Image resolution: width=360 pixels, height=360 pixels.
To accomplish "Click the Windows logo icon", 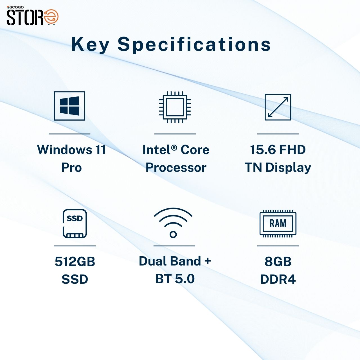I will tap(69, 106).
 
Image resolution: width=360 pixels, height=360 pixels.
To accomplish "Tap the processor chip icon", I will tap(175, 107).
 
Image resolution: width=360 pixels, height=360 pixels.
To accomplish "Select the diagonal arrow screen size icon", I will tap(278, 107).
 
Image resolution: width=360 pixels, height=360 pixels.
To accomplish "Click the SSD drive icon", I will tap(75, 224).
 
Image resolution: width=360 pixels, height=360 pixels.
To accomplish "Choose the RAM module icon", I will tap(278, 224).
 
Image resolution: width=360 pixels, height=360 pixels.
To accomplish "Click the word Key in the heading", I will tap(90, 44).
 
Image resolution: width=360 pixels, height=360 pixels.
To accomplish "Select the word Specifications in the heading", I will tap(194, 44).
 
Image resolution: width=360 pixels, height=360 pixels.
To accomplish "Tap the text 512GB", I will tap(75, 262).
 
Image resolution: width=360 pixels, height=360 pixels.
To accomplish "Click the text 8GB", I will tap(278, 262).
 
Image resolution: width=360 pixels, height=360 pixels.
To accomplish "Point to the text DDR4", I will tap(278, 279).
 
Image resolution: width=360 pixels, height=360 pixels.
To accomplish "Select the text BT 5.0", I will tap(175, 279).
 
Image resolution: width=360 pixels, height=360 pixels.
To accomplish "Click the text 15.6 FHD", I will tap(278, 150).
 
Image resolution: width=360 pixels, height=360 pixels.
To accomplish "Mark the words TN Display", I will tap(278, 168).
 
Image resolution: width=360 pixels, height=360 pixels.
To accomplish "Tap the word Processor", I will tap(176, 168).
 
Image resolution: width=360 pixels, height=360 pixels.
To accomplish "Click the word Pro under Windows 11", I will tap(71, 168).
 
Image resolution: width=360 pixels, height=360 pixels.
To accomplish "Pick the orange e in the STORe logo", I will tap(51, 17).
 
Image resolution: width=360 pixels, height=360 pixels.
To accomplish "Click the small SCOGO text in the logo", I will tap(16, 7).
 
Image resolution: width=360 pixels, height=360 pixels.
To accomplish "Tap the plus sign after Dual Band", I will tap(208, 261).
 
